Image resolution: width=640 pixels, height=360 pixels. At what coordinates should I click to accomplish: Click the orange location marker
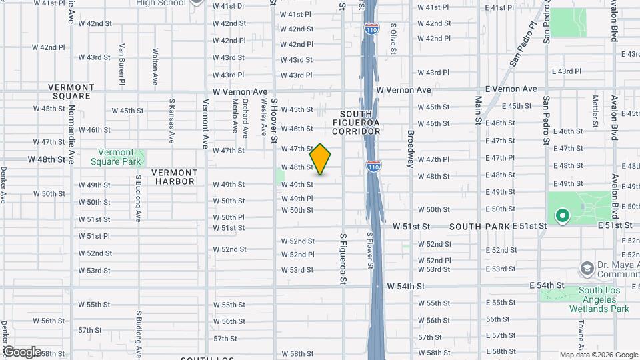coord(321,159)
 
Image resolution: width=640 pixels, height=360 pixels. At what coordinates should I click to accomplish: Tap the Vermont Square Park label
coord(120,157)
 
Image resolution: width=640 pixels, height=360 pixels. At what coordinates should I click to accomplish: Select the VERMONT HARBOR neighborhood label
coord(173,177)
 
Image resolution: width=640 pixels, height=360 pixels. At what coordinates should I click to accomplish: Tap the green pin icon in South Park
coord(561,215)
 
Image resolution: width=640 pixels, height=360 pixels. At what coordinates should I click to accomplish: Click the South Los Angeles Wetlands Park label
coord(604,299)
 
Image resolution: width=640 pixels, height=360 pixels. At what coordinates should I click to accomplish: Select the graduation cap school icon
coord(587,269)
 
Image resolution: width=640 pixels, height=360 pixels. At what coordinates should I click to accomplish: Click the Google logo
coord(23,351)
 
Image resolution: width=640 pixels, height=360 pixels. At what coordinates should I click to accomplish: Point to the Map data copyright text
coord(598,355)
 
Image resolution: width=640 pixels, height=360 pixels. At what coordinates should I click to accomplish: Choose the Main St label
coord(478,111)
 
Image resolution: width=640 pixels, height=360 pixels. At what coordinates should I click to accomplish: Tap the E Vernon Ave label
coord(511,89)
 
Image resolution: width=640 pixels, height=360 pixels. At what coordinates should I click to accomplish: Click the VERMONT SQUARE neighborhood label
coord(70,91)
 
